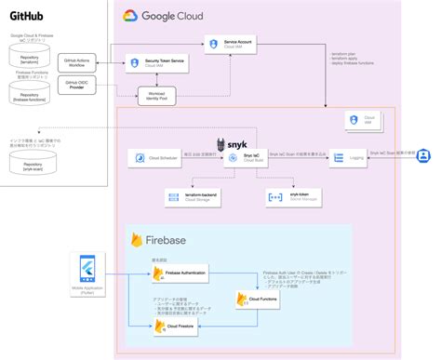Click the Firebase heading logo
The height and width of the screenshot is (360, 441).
pos(140,241)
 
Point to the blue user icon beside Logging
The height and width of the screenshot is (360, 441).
pos(421,155)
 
